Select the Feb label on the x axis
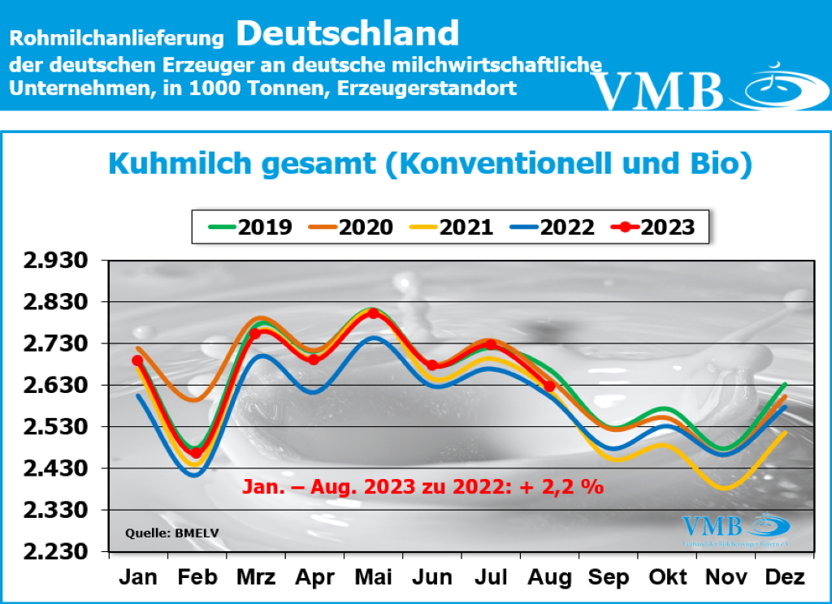click(x=197, y=578)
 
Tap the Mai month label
click(x=373, y=578)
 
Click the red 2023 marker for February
click(x=196, y=453)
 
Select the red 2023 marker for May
click(x=373, y=313)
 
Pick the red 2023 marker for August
click(x=549, y=386)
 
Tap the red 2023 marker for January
click(x=137, y=360)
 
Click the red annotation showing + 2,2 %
click(x=423, y=487)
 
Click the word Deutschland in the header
click(x=349, y=33)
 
